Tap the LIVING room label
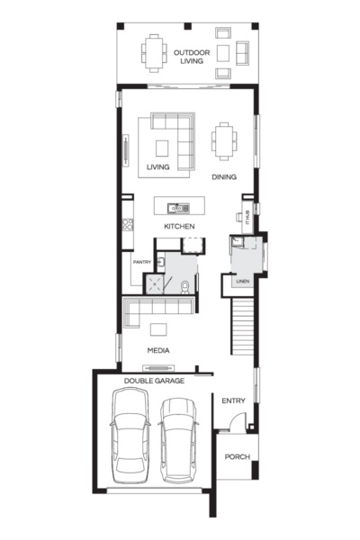157,166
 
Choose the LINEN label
242,283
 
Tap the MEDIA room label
159,350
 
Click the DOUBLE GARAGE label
154,381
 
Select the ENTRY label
233,400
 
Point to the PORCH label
238,456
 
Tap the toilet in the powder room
184,286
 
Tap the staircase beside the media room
243,328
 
